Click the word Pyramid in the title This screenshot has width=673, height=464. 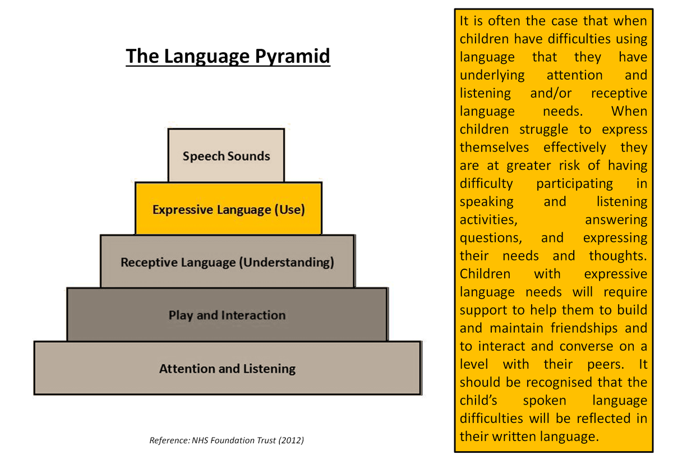click(x=293, y=57)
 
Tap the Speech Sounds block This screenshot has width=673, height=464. click(x=226, y=156)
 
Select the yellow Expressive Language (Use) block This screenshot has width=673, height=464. click(x=228, y=210)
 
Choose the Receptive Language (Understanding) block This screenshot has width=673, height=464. click(x=227, y=262)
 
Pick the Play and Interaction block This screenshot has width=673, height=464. click(x=227, y=315)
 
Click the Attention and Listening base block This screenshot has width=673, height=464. click(x=227, y=369)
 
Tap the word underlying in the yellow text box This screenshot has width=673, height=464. click(x=492, y=75)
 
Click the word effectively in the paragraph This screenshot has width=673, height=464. click(x=575, y=148)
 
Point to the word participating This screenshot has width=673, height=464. click(x=574, y=183)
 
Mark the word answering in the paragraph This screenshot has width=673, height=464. click(x=616, y=220)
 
